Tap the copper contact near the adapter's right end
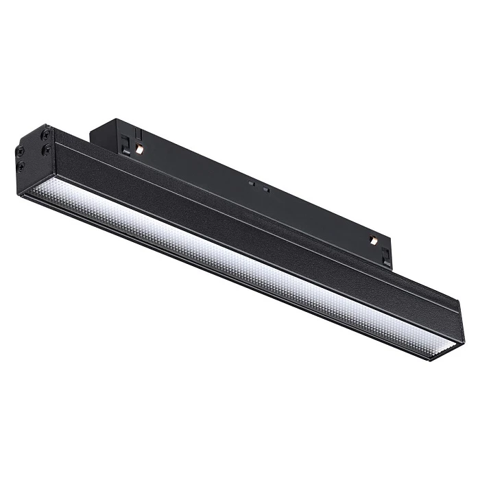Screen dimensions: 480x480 tap(372, 241)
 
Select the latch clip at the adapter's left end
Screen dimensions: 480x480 tap(125, 143)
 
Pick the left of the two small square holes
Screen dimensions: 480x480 tap(252, 184)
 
